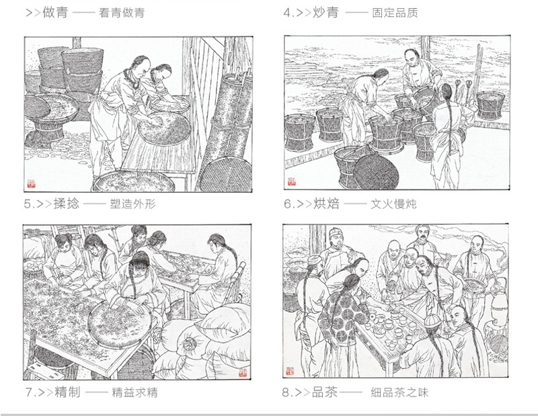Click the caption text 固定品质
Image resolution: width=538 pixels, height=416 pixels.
tap(395, 13)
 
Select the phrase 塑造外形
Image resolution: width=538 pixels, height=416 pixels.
tap(132, 204)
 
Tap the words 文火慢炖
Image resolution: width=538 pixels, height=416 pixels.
tap(393, 204)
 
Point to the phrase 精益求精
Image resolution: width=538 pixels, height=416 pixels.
tap(135, 392)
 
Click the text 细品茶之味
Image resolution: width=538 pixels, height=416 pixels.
tap(399, 392)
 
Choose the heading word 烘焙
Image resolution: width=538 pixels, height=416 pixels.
tap(326, 204)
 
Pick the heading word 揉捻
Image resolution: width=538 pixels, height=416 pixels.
tap(67, 204)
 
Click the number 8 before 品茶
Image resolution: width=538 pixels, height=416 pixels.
tap(286, 392)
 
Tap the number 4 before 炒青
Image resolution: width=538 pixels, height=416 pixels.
tap(287, 13)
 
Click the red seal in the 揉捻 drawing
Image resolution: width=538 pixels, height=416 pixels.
tap(31, 184)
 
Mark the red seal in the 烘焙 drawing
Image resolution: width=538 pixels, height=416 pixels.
tap(292, 181)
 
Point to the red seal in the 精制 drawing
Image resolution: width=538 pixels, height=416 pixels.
tap(243, 372)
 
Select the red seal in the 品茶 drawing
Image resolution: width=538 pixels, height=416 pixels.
tap(290, 371)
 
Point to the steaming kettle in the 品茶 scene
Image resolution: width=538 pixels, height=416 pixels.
tap(498, 302)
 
